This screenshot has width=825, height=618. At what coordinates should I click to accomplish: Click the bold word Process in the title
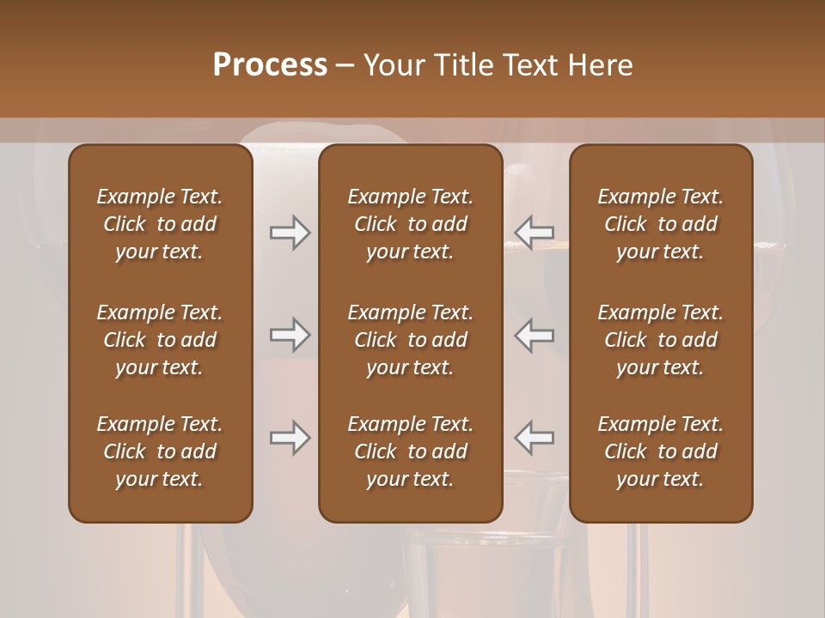(x=270, y=64)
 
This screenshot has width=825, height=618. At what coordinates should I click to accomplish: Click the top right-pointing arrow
(x=290, y=233)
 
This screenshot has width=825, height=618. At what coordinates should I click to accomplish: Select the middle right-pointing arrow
(x=290, y=335)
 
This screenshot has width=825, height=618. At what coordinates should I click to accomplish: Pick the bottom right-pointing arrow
(x=290, y=438)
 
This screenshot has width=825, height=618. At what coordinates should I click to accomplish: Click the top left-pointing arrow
(x=535, y=233)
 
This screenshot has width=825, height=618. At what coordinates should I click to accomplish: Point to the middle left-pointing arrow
(x=535, y=335)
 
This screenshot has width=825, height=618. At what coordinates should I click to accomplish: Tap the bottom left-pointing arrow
(x=535, y=438)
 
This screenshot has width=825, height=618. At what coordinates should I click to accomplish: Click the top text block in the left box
(x=160, y=224)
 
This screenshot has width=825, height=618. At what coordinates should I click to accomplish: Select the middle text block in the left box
(x=160, y=340)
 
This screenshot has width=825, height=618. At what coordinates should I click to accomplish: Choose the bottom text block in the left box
(x=160, y=451)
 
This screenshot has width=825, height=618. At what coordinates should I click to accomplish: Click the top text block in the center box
(x=411, y=224)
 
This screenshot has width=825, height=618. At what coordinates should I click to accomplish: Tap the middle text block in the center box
(x=411, y=340)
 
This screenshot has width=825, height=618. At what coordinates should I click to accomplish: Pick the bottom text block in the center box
(x=411, y=451)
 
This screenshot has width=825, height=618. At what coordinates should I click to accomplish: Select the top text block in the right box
(x=661, y=224)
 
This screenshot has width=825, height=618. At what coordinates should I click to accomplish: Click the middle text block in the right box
(x=661, y=340)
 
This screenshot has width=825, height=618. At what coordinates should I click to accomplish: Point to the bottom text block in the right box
(x=661, y=451)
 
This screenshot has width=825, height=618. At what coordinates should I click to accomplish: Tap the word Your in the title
(x=394, y=65)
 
